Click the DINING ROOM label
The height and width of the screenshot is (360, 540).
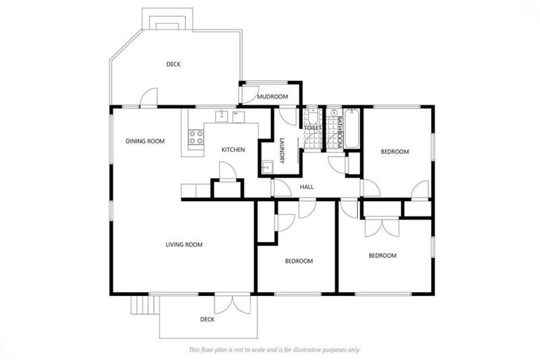tap(145, 141)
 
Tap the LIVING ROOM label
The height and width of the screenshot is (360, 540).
tap(184, 245)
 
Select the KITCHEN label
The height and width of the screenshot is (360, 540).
tap(233, 150)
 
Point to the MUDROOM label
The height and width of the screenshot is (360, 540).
tap(272, 96)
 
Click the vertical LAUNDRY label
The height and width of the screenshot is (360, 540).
tap(281, 150)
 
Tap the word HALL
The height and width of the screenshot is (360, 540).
tap(307, 187)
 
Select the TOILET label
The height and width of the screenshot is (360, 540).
tap(312, 128)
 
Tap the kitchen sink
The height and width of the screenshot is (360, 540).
tap(220, 115)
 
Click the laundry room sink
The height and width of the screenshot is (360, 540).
tap(267, 167)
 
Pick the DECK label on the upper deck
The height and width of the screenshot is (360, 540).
tap(174, 65)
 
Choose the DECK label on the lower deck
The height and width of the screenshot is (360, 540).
tap(207, 319)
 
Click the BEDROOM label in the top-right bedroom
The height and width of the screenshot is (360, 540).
tap(394, 152)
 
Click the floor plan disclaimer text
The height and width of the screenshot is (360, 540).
tap(274, 349)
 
